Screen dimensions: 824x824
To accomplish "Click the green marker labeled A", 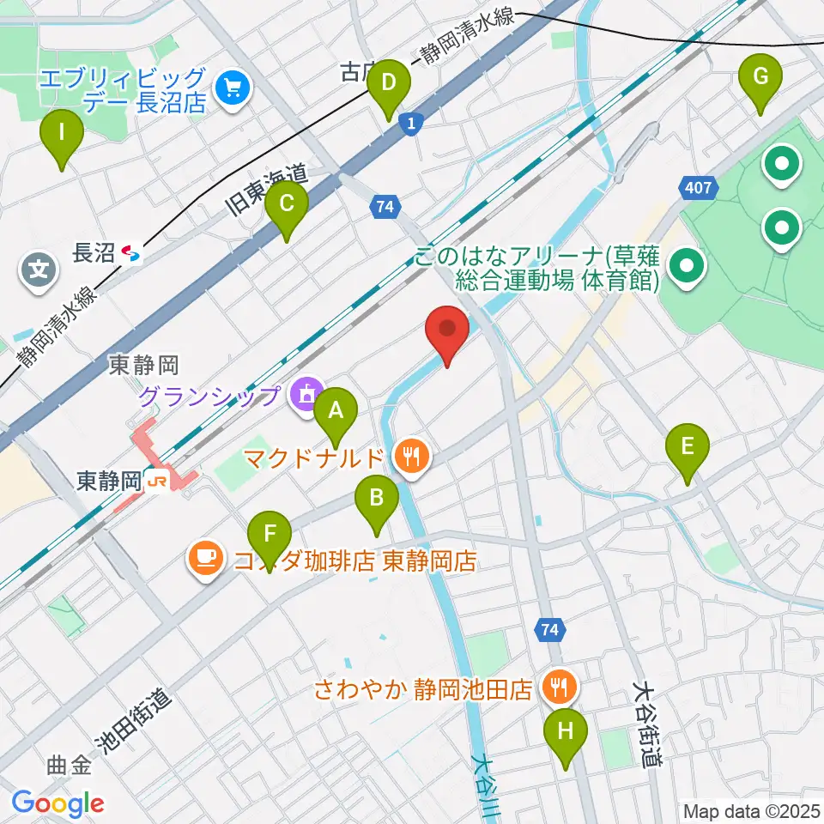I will coord(336,410).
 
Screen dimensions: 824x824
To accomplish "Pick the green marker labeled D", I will coord(389,84).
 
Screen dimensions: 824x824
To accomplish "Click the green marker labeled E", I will coord(688,447).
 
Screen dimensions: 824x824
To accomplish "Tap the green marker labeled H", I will coord(565,732).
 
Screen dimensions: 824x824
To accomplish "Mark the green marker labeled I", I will coord(61,134).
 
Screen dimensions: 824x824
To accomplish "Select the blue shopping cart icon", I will coord(231,87).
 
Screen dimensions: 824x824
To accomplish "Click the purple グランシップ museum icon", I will coord(304,396).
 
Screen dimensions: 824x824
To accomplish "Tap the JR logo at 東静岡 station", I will coord(155,481).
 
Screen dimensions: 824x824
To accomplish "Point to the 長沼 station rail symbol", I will coord(131,253).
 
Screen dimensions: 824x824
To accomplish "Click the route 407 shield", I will coord(699,187).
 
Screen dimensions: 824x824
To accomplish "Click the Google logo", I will coord(58,804).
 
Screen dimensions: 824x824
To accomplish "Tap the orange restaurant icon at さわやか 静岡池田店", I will coord(560,686).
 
